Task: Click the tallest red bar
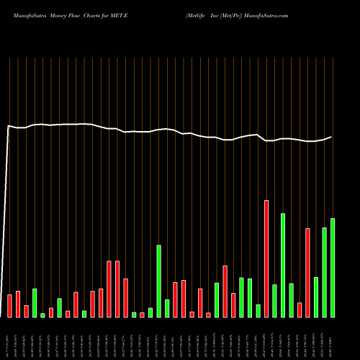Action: [x=266, y=258]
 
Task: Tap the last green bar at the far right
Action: [x=333, y=267]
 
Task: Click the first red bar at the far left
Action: [x=9, y=305]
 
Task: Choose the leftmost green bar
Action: [x=35, y=302]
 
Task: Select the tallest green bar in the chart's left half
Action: [x=158, y=281]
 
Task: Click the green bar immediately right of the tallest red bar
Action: [x=274, y=300]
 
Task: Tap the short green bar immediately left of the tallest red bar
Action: [x=258, y=310]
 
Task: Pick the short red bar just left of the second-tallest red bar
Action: [x=300, y=310]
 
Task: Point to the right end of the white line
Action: [x=332, y=137]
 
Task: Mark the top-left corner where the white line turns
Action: [x=9, y=126]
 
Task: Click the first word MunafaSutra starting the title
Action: [x=25, y=14]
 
